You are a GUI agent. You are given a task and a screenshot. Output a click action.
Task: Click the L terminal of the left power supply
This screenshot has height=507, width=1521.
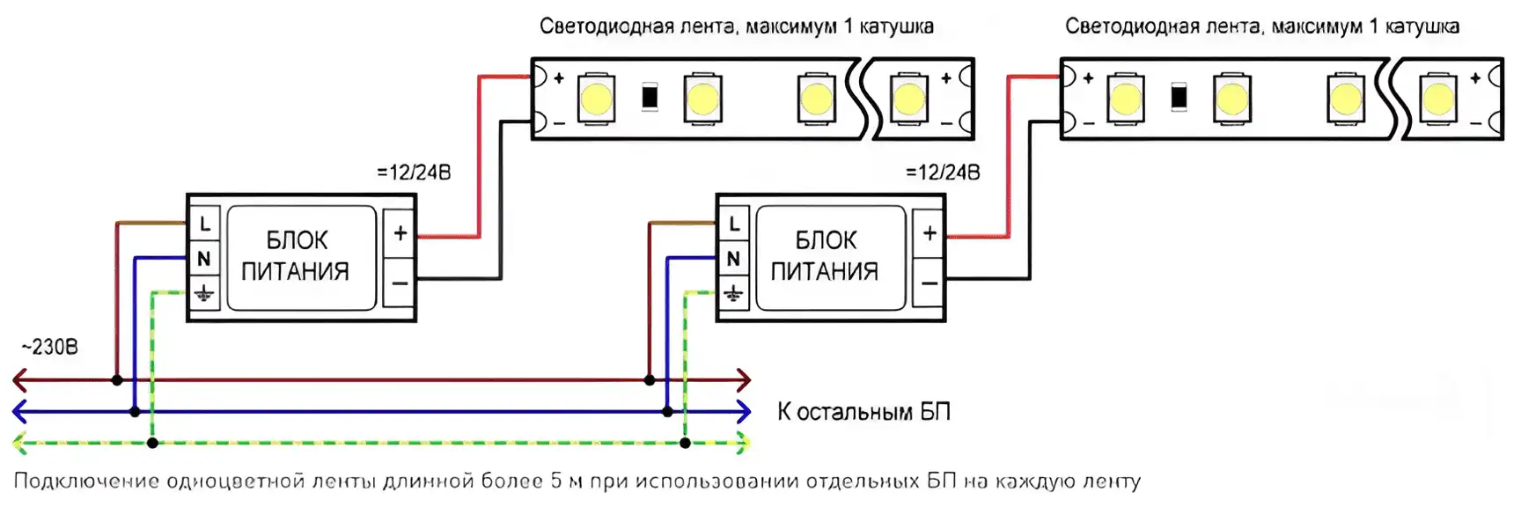[x=204, y=224]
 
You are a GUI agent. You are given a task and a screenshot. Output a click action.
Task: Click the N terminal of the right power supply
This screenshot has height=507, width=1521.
[x=733, y=259]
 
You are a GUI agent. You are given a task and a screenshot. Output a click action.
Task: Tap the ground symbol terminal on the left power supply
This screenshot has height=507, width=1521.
[x=204, y=293]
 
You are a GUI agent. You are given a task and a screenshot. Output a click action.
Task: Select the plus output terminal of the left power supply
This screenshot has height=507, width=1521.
[x=400, y=233]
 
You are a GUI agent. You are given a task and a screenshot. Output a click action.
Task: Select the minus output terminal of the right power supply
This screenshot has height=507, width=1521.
[x=929, y=283]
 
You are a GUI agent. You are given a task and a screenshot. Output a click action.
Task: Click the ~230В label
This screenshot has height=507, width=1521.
[x=49, y=347]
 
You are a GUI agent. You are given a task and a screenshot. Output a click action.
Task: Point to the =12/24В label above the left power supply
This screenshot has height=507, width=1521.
[x=414, y=173]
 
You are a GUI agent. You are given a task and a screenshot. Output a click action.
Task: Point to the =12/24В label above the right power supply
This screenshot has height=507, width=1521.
[x=943, y=173]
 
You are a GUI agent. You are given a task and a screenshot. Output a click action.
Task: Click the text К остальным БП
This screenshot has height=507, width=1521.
[x=863, y=412]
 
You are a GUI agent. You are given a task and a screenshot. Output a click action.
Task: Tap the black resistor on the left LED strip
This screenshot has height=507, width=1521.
[x=650, y=97]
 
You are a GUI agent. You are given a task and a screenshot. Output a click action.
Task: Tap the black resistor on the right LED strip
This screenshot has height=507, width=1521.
[x=1179, y=97]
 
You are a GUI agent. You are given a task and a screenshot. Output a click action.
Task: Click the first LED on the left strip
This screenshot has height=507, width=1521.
[x=596, y=98]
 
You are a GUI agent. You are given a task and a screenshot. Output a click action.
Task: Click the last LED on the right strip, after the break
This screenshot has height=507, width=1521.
[x=1438, y=98]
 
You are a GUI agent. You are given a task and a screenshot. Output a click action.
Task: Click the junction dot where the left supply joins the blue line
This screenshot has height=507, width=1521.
[x=135, y=411]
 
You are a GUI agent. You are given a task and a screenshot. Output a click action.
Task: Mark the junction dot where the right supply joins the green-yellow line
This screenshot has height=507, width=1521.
[x=685, y=443]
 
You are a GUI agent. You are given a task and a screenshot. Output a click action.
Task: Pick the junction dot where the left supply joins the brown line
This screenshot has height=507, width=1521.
[x=117, y=380]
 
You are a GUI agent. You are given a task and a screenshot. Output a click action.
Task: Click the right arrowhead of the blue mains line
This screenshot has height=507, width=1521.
[x=744, y=411]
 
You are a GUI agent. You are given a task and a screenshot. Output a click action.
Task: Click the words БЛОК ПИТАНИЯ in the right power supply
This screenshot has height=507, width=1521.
[x=825, y=255]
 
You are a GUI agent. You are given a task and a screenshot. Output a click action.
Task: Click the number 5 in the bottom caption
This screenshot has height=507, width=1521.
[x=556, y=481]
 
